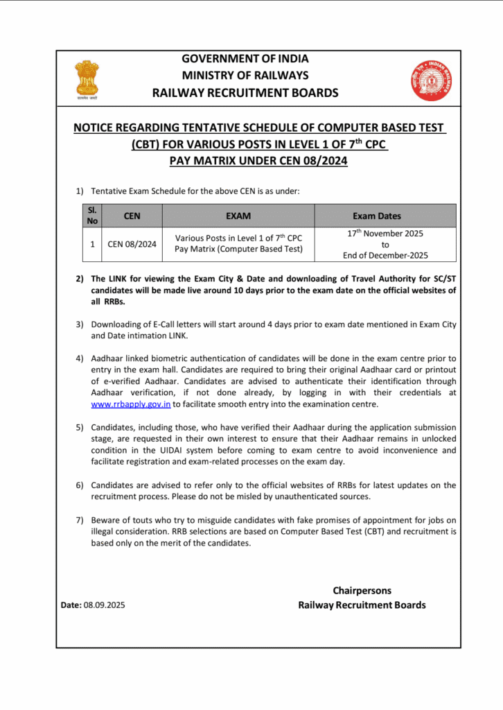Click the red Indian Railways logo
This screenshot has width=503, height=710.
click(x=430, y=80)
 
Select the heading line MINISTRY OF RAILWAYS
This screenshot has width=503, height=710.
click(x=245, y=75)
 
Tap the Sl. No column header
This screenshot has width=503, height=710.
click(x=92, y=215)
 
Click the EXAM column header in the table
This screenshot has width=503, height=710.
click(x=238, y=216)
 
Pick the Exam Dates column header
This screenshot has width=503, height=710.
click(x=385, y=216)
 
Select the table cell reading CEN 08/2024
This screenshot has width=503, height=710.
click(x=132, y=244)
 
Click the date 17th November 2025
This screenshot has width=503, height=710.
click(x=385, y=234)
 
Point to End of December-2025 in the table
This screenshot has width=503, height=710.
click(x=385, y=255)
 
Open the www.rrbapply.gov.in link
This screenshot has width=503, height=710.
click(x=131, y=404)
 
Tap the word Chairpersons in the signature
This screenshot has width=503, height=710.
click(x=362, y=591)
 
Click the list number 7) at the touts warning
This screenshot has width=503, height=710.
click(x=80, y=519)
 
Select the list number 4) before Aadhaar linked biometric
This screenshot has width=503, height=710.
click(x=80, y=358)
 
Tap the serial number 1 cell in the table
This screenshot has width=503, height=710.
click(x=92, y=244)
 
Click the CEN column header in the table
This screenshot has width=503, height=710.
click(x=132, y=216)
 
